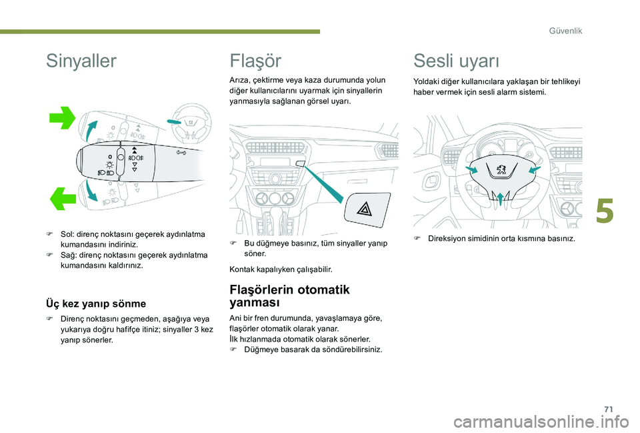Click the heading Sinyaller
[81, 61]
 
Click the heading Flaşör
[255, 61]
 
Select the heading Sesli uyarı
[456, 61]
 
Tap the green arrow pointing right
[62, 118]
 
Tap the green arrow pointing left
[63, 199]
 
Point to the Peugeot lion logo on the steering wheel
[501, 169]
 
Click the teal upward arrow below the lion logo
[500, 199]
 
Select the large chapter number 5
[605, 211]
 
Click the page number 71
[609, 409]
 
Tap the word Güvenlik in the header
[565, 31]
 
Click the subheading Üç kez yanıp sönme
[96, 304]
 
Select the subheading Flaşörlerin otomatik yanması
[290, 296]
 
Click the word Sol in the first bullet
[66, 234]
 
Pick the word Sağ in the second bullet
[67, 256]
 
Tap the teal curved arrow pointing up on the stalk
[92, 131]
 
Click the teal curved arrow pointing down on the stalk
[92, 191]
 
